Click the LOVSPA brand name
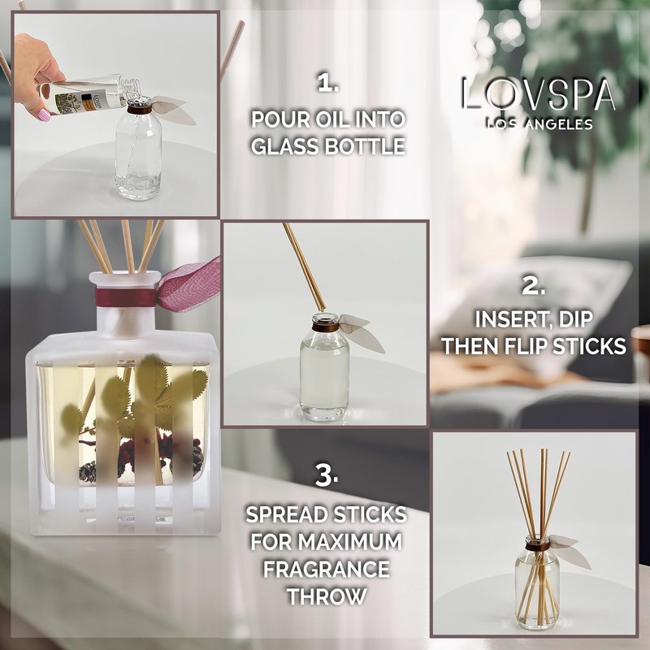[537, 95]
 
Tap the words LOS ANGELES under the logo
[537, 123]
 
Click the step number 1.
[327, 83]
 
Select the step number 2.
[533, 286]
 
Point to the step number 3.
[327, 476]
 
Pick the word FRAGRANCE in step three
[327, 568]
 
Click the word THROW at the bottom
[327, 595]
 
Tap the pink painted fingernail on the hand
[44, 115]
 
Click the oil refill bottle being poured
[81, 93]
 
